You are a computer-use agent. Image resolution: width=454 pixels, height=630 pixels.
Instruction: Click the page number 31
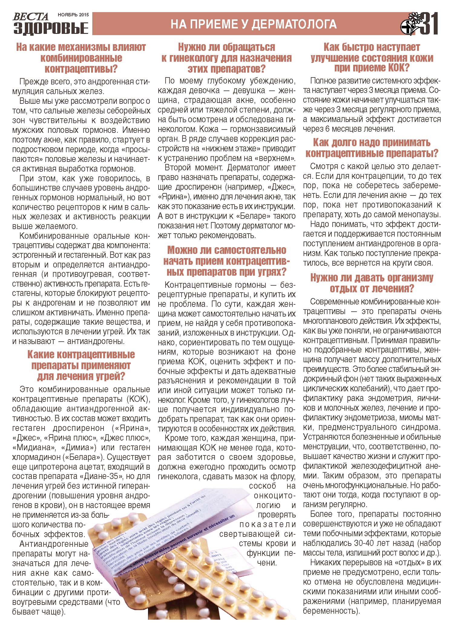coord(429,24)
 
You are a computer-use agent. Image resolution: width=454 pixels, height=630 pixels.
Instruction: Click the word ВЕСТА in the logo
coord(30,16)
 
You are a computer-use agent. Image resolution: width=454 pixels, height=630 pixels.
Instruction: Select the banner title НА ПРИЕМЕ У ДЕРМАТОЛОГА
coord(254,24)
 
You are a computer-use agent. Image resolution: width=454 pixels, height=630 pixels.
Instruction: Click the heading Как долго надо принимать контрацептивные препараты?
coord(372,148)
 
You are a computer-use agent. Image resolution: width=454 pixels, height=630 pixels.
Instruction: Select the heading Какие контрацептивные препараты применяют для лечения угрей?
coord(81,365)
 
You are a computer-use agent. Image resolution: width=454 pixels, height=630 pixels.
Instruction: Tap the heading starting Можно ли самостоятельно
coord(226,261)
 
